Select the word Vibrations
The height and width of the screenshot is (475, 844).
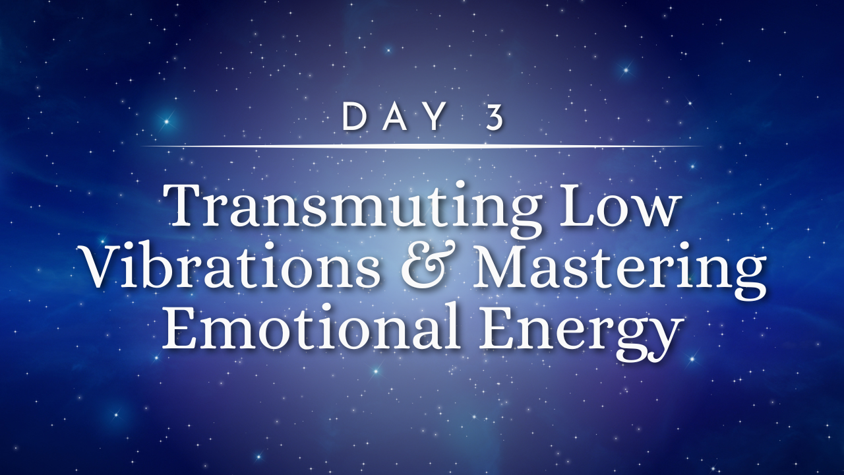coord(231,267)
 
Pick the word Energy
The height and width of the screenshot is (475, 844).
coord(581,333)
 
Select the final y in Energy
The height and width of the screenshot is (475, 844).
coord(666,339)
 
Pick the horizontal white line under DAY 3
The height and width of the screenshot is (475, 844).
coord(422,146)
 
